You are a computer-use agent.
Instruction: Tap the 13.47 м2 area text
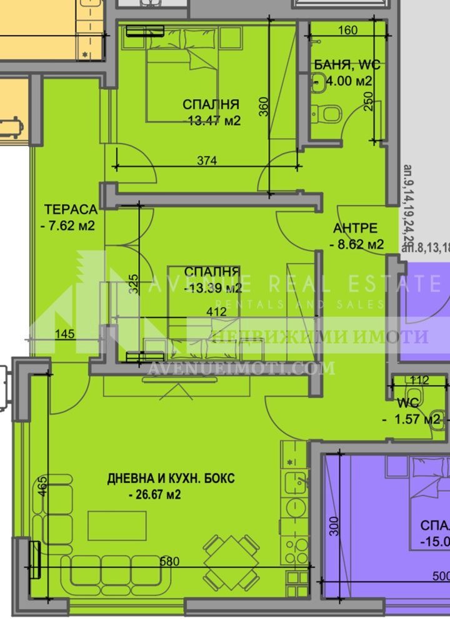coord(213,121)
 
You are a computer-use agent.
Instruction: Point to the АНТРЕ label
coord(354,228)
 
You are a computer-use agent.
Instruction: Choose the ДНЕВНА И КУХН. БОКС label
coord(171,479)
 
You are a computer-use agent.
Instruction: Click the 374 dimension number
coord(206,160)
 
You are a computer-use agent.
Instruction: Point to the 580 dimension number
coord(169,562)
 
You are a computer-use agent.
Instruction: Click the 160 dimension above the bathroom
coord(347,30)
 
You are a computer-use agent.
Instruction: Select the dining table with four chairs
coord(231,552)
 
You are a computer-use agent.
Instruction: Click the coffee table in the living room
coord(117,525)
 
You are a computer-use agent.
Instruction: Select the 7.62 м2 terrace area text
coord(68,226)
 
